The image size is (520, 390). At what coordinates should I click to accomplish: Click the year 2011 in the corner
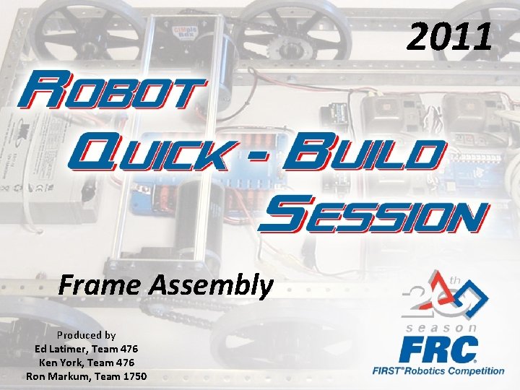pyautogui.click(x=449, y=37)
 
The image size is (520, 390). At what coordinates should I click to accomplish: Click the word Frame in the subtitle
pyautogui.click(x=102, y=286)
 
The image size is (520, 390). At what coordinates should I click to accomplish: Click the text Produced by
pyautogui.click(x=87, y=335)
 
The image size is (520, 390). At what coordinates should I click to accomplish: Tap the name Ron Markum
pyautogui.click(x=56, y=376)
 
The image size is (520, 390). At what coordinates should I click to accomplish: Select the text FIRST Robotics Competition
pyautogui.click(x=438, y=371)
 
